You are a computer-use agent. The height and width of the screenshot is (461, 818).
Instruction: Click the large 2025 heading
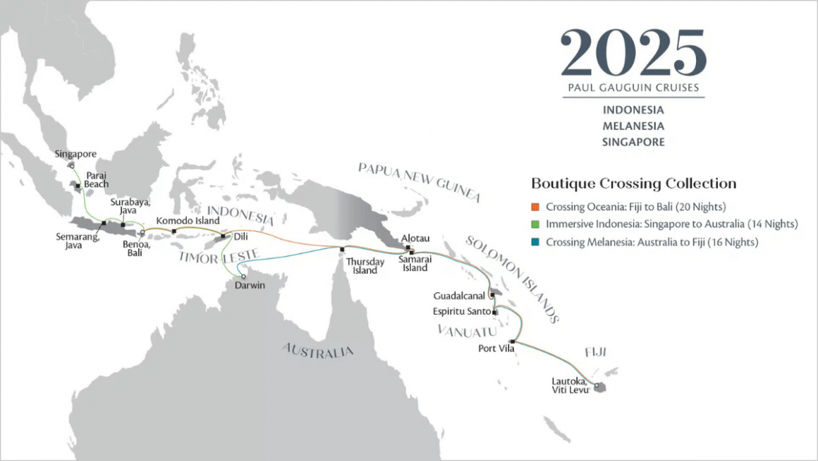click(633, 54)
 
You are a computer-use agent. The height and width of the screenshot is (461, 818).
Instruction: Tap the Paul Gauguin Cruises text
click(633, 88)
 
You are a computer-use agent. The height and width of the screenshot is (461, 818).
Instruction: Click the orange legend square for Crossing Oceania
click(535, 207)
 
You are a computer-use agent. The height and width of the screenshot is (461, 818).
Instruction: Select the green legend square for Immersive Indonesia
click(535, 224)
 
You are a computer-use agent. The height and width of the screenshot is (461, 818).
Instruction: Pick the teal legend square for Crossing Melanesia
click(535, 242)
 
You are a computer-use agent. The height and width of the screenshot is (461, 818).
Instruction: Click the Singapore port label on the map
click(75, 153)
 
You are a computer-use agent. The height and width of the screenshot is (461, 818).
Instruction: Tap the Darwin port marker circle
click(244, 276)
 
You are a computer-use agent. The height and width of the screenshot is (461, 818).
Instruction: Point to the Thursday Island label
click(364, 266)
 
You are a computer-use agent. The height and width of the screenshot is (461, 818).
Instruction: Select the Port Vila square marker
click(512, 342)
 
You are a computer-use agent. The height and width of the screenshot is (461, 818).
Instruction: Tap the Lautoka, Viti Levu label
click(571, 385)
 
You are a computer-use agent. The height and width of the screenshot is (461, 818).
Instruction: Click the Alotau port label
click(415, 239)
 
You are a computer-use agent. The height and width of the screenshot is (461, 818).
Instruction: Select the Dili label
click(240, 238)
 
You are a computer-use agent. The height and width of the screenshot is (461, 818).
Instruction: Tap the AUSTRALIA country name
click(318, 350)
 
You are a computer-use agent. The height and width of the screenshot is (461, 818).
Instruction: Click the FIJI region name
click(595, 352)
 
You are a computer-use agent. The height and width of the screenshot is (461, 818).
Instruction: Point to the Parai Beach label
click(97, 179)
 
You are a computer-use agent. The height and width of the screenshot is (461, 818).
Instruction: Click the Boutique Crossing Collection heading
click(633, 184)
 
